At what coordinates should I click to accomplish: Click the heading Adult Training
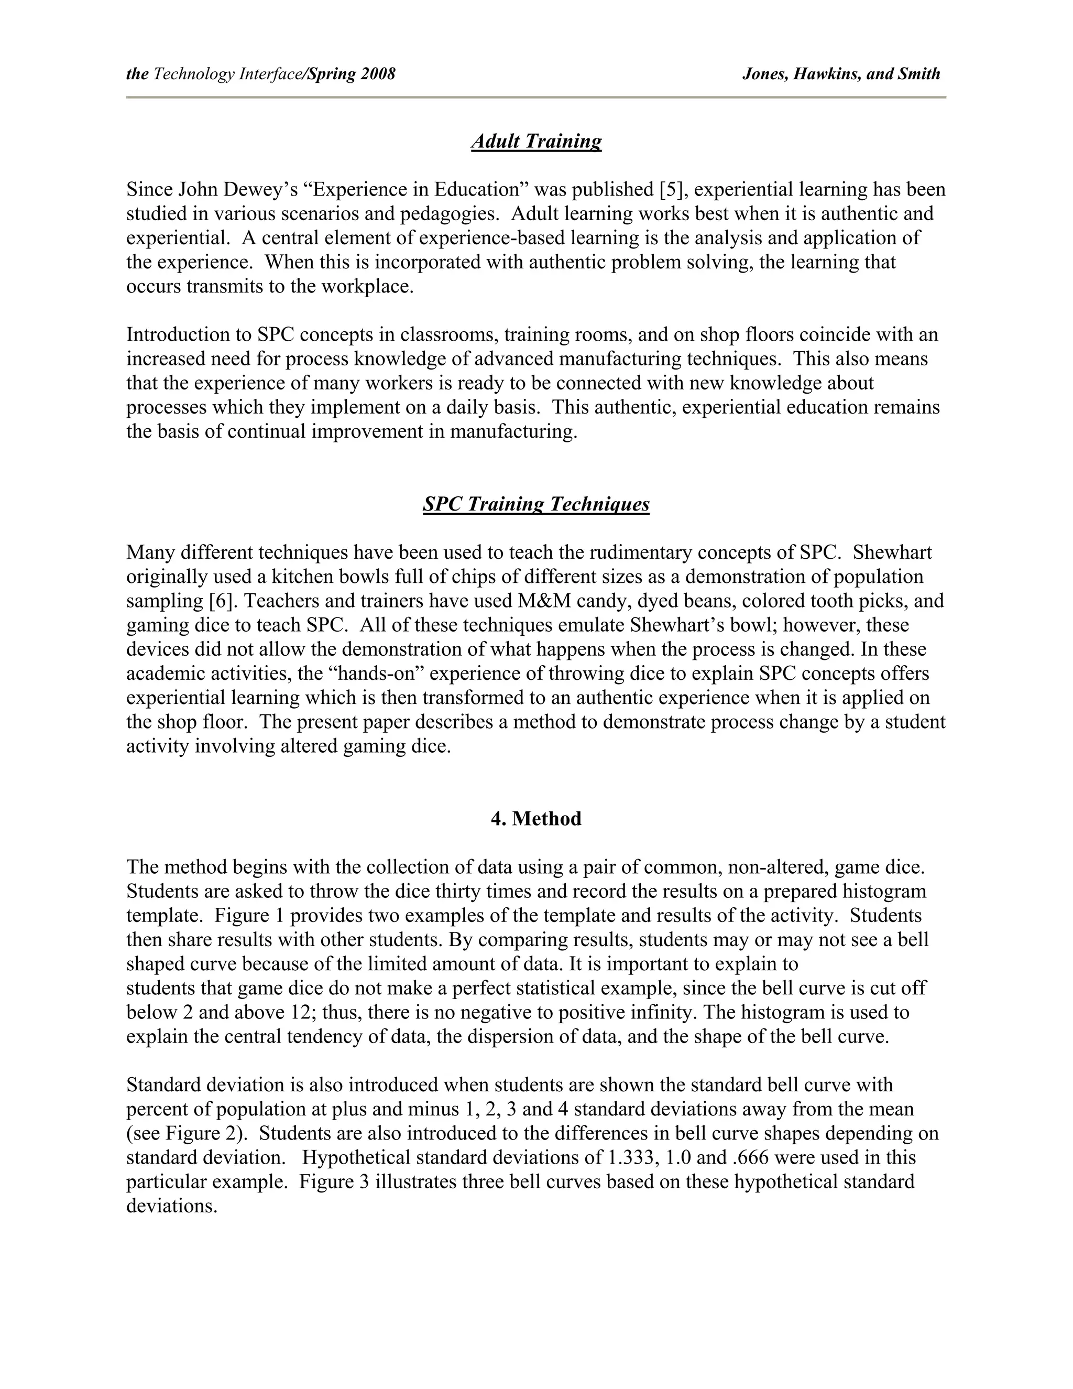click(x=536, y=141)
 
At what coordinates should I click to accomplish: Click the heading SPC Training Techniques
click(x=536, y=504)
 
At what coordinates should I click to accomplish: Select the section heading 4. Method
click(x=536, y=819)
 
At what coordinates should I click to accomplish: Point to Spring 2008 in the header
click(x=352, y=74)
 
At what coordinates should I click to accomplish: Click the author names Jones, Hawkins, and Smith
click(x=841, y=74)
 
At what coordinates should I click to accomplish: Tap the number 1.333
click(x=631, y=1157)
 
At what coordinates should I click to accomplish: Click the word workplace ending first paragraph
click(x=367, y=286)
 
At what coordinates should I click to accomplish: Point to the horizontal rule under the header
click(x=536, y=97)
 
